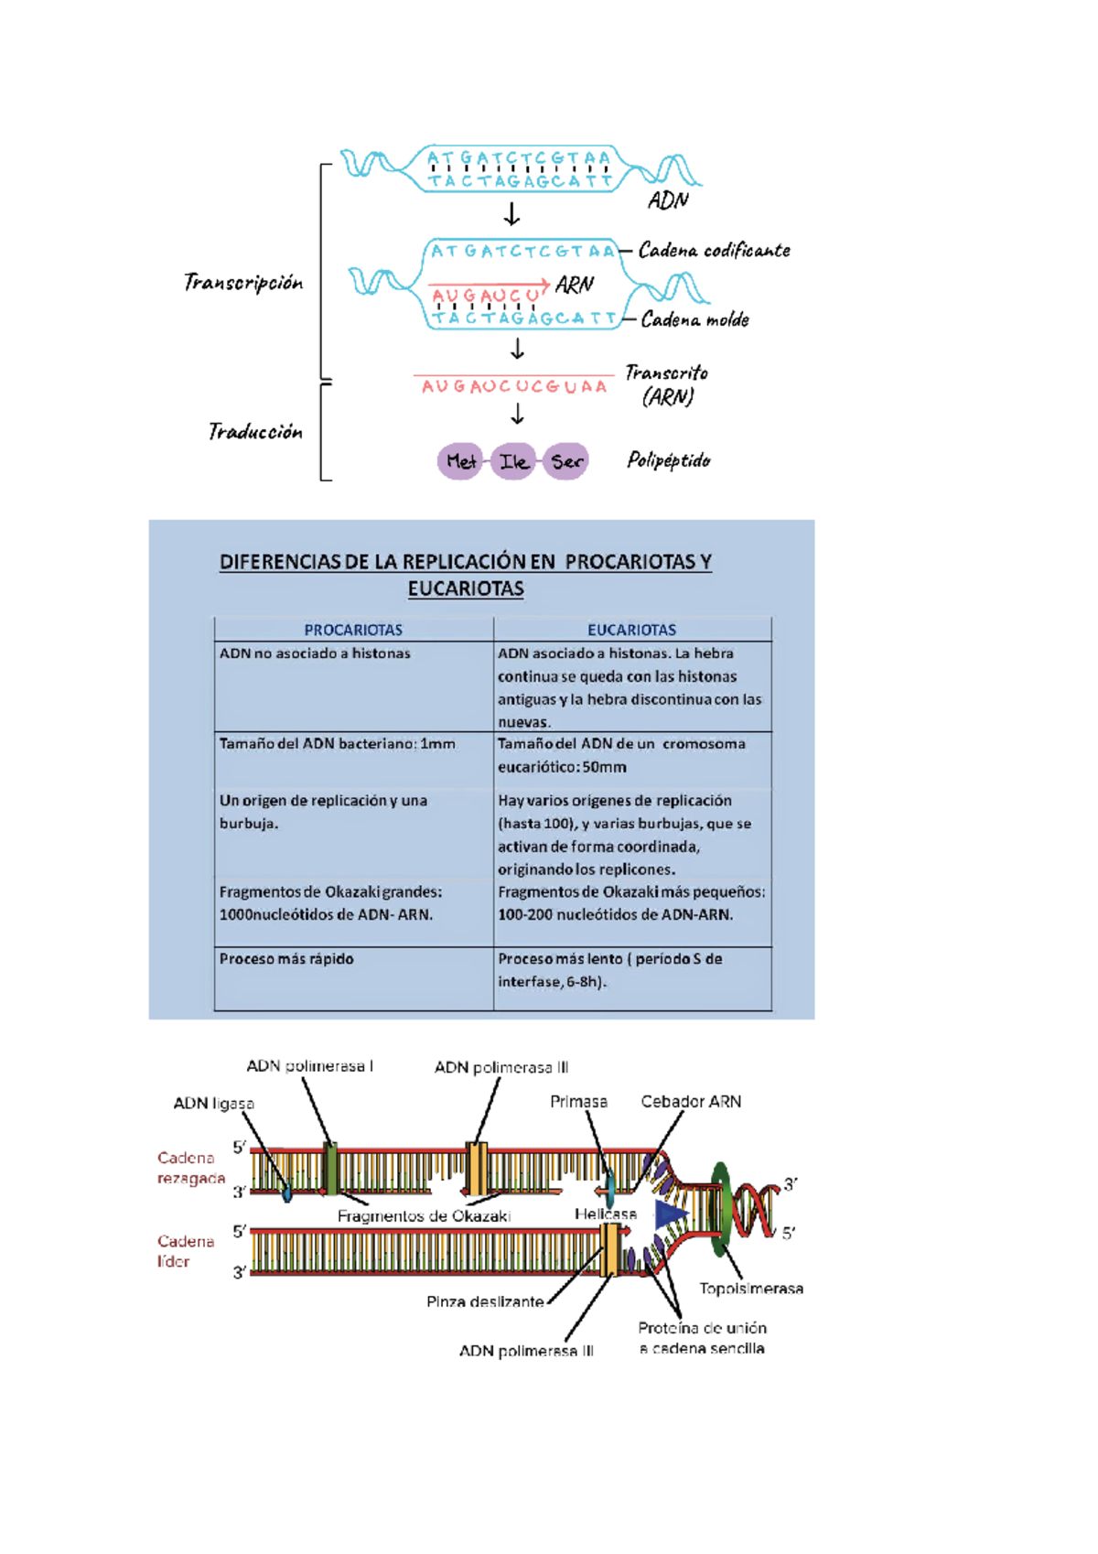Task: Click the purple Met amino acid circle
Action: pyautogui.click(x=460, y=461)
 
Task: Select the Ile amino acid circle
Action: pyautogui.click(x=513, y=461)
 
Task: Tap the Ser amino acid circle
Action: pyautogui.click(x=566, y=461)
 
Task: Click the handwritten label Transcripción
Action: pyautogui.click(x=242, y=283)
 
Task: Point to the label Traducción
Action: pyautogui.click(x=254, y=432)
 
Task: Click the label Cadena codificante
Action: pyautogui.click(x=714, y=251)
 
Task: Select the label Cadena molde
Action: pyautogui.click(x=694, y=320)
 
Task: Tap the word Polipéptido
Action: pyautogui.click(x=668, y=460)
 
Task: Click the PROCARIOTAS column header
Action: pyautogui.click(x=353, y=630)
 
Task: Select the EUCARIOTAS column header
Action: pyautogui.click(x=631, y=630)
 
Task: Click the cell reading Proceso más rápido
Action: pyautogui.click(x=286, y=959)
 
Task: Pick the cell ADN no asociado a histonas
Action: pyautogui.click(x=315, y=653)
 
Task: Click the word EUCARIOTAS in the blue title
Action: pyautogui.click(x=466, y=588)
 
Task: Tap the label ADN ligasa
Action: pyautogui.click(x=213, y=1104)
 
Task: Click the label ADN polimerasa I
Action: pyautogui.click(x=309, y=1066)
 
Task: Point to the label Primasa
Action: pyautogui.click(x=578, y=1102)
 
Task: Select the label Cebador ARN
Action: pyautogui.click(x=691, y=1102)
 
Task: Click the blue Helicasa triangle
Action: pyautogui.click(x=671, y=1214)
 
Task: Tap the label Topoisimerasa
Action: pyautogui.click(x=751, y=1289)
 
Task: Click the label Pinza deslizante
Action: pyautogui.click(x=485, y=1301)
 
